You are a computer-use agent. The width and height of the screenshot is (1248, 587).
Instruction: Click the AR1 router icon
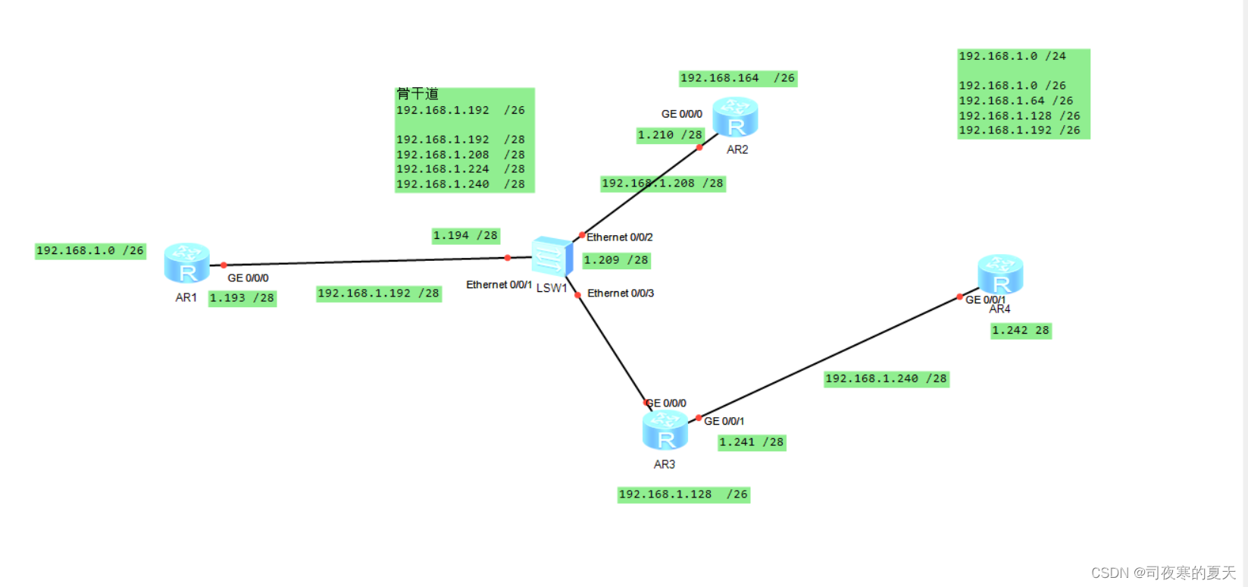pos(186,262)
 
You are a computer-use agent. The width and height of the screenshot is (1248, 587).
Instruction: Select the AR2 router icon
pos(734,117)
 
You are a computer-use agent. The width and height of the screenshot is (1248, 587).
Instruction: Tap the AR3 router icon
pos(665,430)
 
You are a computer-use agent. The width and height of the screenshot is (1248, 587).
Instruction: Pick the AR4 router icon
pos(1000,274)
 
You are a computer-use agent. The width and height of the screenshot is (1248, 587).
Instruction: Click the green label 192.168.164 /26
pos(737,78)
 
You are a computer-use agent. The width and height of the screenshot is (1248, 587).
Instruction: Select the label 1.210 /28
pos(670,135)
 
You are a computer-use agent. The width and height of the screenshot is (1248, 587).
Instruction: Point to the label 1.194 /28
pos(465,236)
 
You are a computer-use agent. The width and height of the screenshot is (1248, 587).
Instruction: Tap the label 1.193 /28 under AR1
pos(242,298)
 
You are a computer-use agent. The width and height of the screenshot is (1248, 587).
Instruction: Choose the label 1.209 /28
pos(616,260)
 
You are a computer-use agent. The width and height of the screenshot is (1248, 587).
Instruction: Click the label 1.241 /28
pos(751,442)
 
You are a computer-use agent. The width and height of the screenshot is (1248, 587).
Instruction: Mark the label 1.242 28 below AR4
pos(1020,331)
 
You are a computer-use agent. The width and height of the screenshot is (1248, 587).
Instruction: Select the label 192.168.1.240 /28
pos(886,378)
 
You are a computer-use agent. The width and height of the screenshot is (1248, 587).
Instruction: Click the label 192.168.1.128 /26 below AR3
pos(683,494)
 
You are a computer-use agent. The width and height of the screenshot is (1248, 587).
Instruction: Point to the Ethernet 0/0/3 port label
pos(621,293)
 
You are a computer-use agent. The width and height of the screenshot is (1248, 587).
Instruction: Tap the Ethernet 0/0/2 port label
pos(619,237)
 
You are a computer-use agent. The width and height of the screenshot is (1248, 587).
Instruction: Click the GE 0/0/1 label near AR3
pos(724,421)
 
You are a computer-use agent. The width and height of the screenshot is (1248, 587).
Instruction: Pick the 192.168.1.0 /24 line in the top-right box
pos(1012,56)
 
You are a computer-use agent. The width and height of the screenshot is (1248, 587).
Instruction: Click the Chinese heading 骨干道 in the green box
pos(418,94)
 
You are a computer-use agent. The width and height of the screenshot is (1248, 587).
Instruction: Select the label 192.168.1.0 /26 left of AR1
pos(89,251)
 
